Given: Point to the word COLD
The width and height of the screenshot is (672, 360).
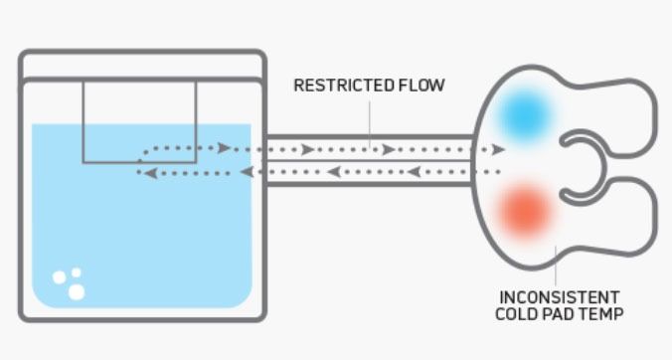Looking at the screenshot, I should [x=517, y=314].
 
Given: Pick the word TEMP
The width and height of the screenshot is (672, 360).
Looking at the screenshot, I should [x=602, y=314].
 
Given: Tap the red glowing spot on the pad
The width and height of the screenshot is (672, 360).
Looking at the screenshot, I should [x=523, y=212].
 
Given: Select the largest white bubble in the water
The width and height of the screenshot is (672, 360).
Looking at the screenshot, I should [x=76, y=291].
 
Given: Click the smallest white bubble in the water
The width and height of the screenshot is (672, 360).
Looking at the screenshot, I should [x=72, y=271].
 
